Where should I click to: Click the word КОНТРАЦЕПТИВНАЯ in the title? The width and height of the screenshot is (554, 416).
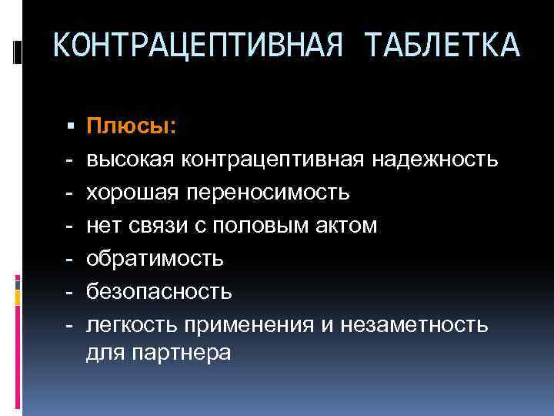pyautogui.click(x=197, y=45)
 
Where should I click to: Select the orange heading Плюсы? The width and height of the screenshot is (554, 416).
pyautogui.click(x=131, y=126)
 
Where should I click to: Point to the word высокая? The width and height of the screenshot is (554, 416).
pyautogui.click(x=130, y=159)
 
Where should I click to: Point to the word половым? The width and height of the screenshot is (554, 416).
pyautogui.click(x=266, y=225)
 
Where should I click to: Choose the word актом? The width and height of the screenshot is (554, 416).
pyautogui.click(x=345, y=225)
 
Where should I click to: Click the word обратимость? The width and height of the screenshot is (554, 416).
pyautogui.click(x=155, y=258)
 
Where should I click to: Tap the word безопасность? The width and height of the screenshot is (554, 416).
pyautogui.click(x=158, y=291)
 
